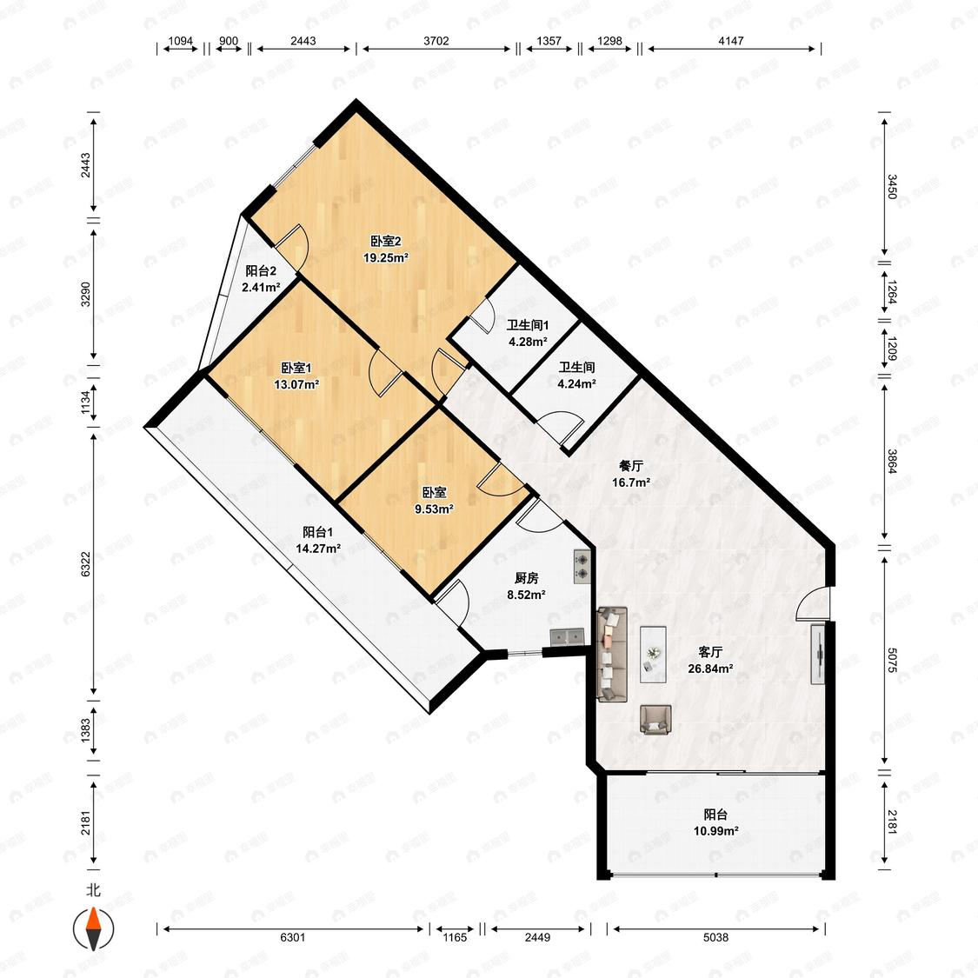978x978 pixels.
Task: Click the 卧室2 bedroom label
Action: point(385,242)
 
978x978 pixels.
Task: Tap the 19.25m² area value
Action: point(386,257)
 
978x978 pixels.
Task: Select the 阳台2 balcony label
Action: point(261,271)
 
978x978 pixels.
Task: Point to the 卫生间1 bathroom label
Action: point(528,325)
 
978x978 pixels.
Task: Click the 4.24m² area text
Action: point(576,383)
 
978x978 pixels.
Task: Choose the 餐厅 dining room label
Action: point(631,466)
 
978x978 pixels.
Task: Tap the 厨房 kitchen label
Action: point(527,579)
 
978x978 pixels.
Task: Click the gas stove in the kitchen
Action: point(582,566)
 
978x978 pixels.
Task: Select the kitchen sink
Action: point(567,637)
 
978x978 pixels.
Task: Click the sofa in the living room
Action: point(612,655)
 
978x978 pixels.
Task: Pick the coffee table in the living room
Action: point(653,655)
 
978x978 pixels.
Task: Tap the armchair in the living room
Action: point(655,719)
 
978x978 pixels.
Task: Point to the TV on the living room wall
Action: point(818,653)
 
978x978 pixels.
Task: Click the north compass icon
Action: point(94,928)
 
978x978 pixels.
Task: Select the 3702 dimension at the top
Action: point(436,41)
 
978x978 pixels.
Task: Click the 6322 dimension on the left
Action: point(86,564)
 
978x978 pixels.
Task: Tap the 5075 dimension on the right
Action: point(892,660)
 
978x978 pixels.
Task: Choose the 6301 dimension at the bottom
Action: point(292,937)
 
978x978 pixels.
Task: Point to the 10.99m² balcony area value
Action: point(716,831)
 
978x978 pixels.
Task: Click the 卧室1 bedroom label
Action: point(296,369)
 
